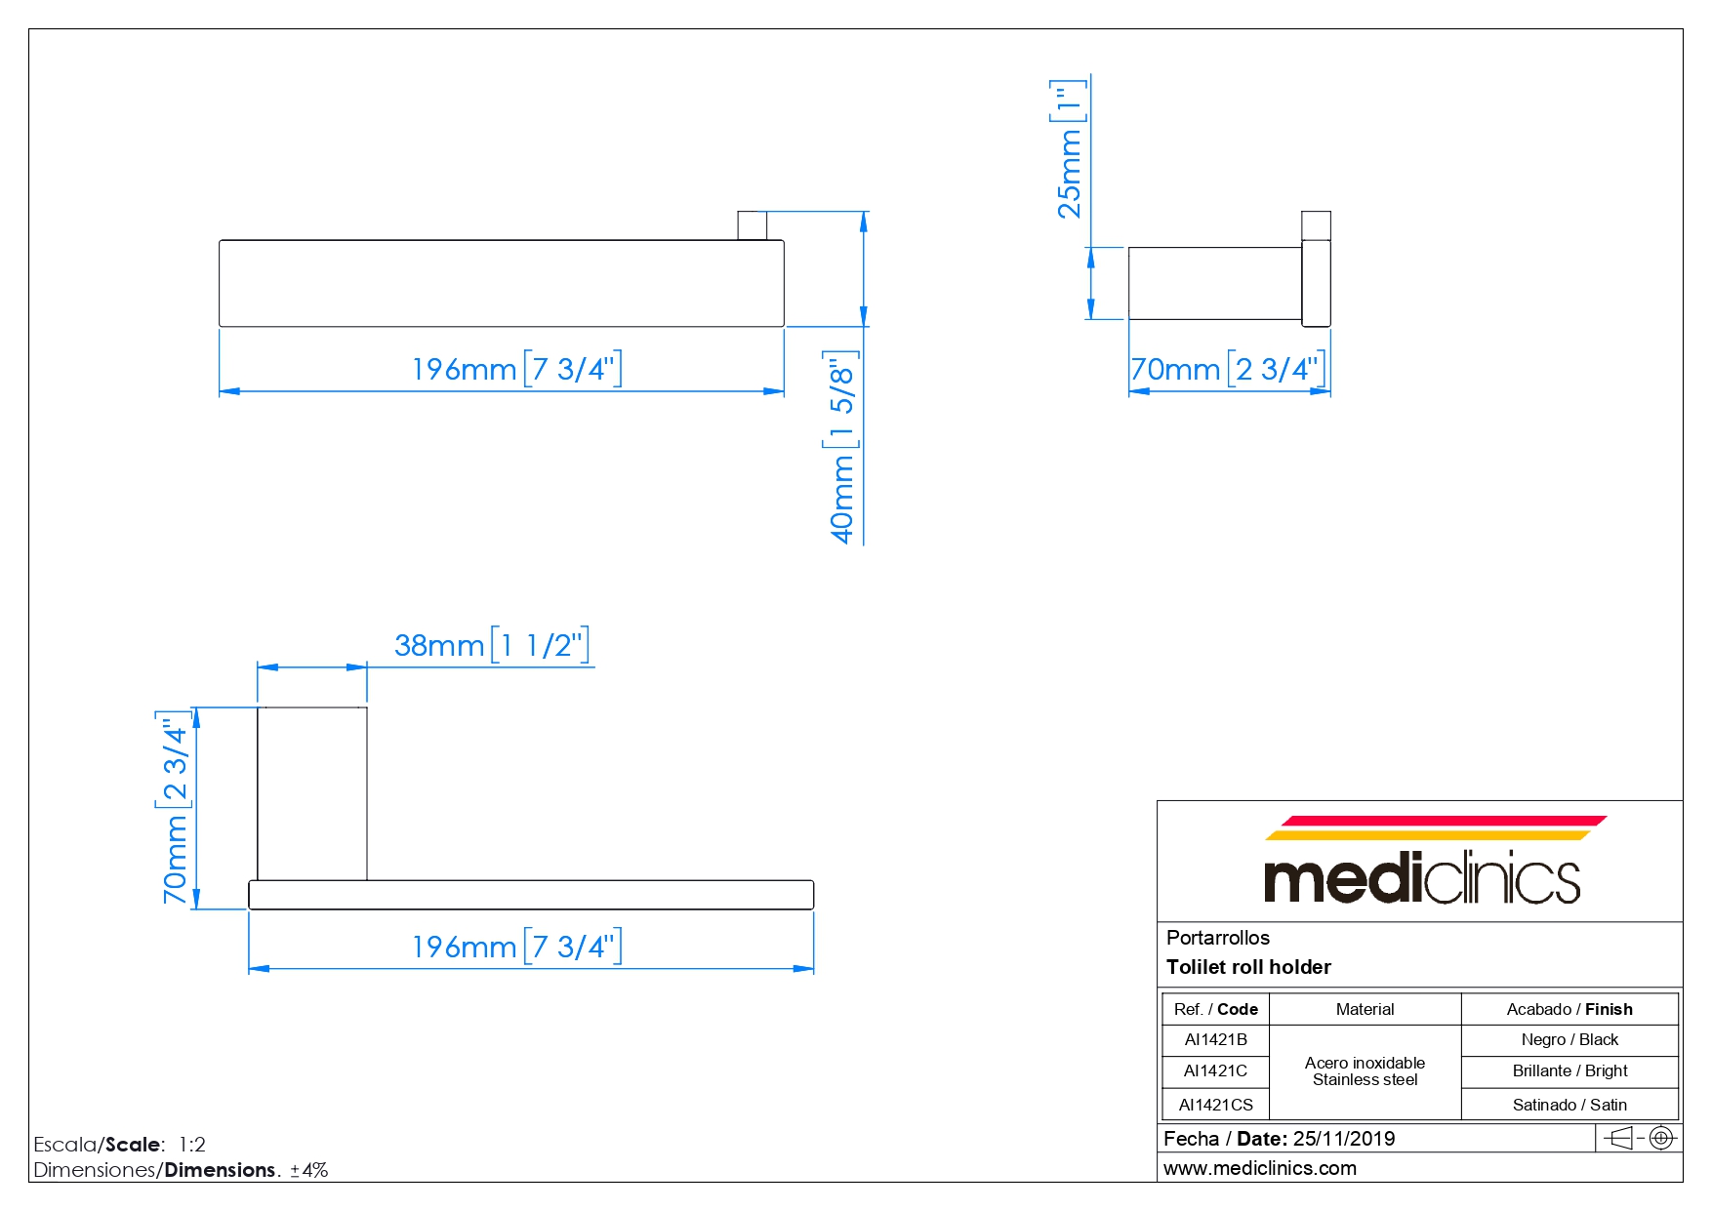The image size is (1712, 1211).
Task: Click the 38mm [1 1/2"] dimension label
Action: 492,645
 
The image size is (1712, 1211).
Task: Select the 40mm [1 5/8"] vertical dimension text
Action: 841,447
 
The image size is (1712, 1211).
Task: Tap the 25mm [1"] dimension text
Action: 1069,148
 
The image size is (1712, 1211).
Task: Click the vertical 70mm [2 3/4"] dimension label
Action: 175,808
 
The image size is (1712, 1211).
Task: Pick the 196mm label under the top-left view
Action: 516,369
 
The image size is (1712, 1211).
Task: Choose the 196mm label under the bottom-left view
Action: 516,947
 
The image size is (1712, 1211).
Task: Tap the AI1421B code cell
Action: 1215,1040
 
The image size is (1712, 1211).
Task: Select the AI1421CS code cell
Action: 1215,1105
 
